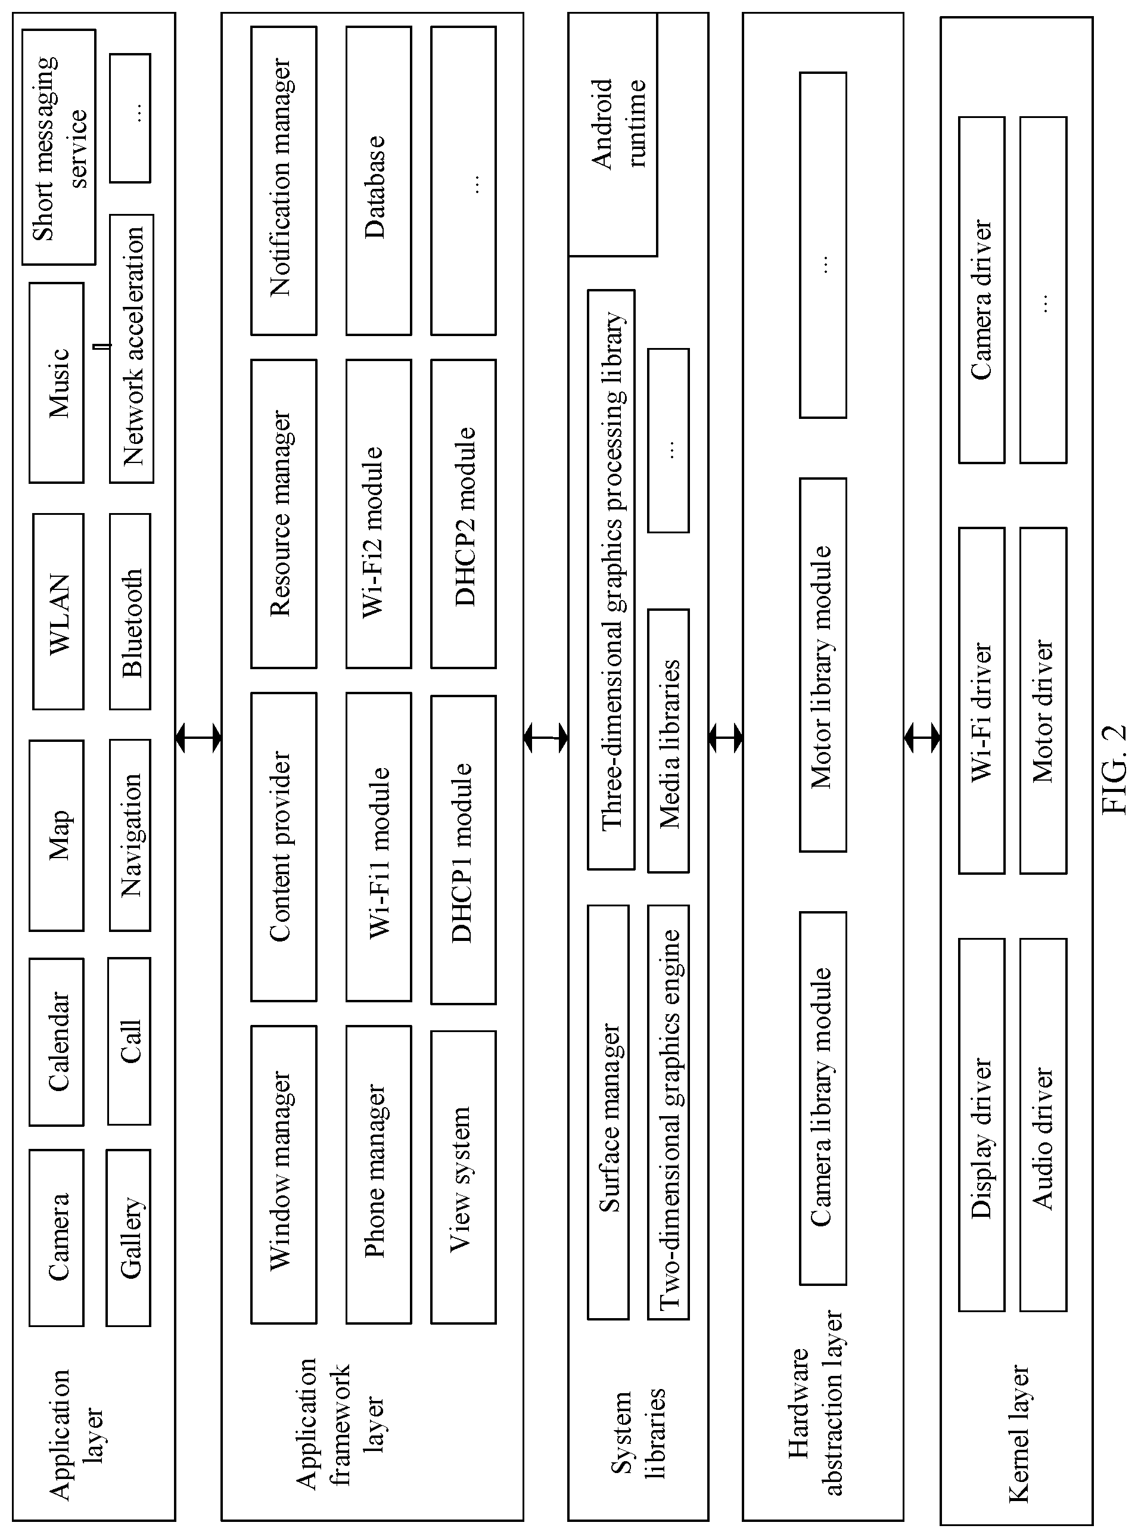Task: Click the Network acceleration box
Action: click(132, 349)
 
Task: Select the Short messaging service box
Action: click(58, 147)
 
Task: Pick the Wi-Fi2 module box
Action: click(379, 514)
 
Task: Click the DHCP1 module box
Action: click(464, 850)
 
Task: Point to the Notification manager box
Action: click(284, 181)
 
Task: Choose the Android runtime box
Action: click(612, 134)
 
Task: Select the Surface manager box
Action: click(608, 1113)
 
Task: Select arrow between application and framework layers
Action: click(198, 738)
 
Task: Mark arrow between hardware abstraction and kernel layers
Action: click(922, 738)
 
